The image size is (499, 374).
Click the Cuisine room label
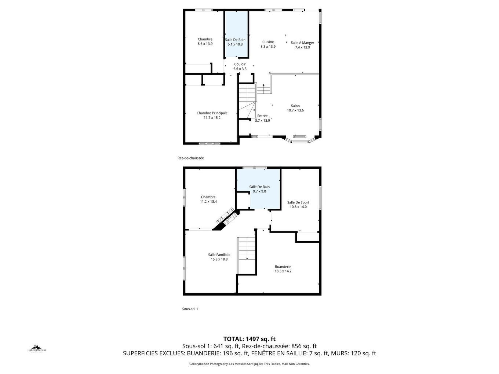pyautogui.click(x=268, y=42)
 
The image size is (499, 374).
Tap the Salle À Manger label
pyautogui.click(x=302, y=43)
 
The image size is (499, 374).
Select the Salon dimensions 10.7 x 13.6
pyautogui.click(x=295, y=110)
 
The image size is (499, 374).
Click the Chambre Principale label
pyautogui.click(x=212, y=113)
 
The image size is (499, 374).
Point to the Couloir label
pyautogui.click(x=240, y=64)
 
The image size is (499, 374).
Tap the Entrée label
pyautogui.click(x=262, y=116)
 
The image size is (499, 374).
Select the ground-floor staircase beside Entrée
pyautogui.click(x=247, y=99)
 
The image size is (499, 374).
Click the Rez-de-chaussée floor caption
pyautogui.click(x=190, y=158)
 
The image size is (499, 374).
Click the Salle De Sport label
pyautogui.click(x=298, y=202)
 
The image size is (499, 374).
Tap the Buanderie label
pyautogui.click(x=283, y=267)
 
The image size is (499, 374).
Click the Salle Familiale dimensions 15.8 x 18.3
pyautogui.click(x=219, y=259)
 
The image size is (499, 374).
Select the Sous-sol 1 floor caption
pyautogui.click(x=190, y=309)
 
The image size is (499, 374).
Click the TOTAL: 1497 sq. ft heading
pyautogui.click(x=249, y=339)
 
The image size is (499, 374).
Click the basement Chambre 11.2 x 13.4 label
pyautogui.click(x=208, y=197)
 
